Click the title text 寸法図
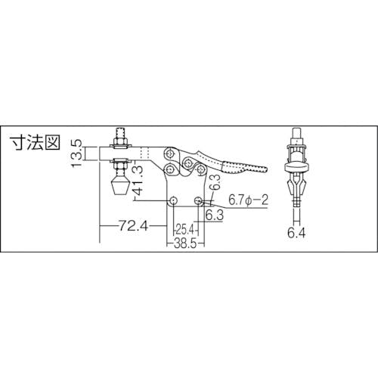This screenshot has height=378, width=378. pyautogui.click(x=35, y=143)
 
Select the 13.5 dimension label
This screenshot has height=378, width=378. pyautogui.click(x=76, y=153)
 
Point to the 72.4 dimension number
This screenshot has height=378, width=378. pyautogui.click(x=133, y=226)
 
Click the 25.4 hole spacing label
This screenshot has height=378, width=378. pyautogui.click(x=184, y=230)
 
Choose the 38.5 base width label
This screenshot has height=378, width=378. pyautogui.click(x=185, y=244)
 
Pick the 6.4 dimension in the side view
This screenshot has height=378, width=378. pyautogui.click(x=296, y=233)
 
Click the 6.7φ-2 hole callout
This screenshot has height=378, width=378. pyautogui.click(x=248, y=200)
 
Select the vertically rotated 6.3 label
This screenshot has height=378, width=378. pyautogui.click(x=215, y=182)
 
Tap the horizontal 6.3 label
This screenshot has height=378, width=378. pyautogui.click(x=215, y=215)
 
